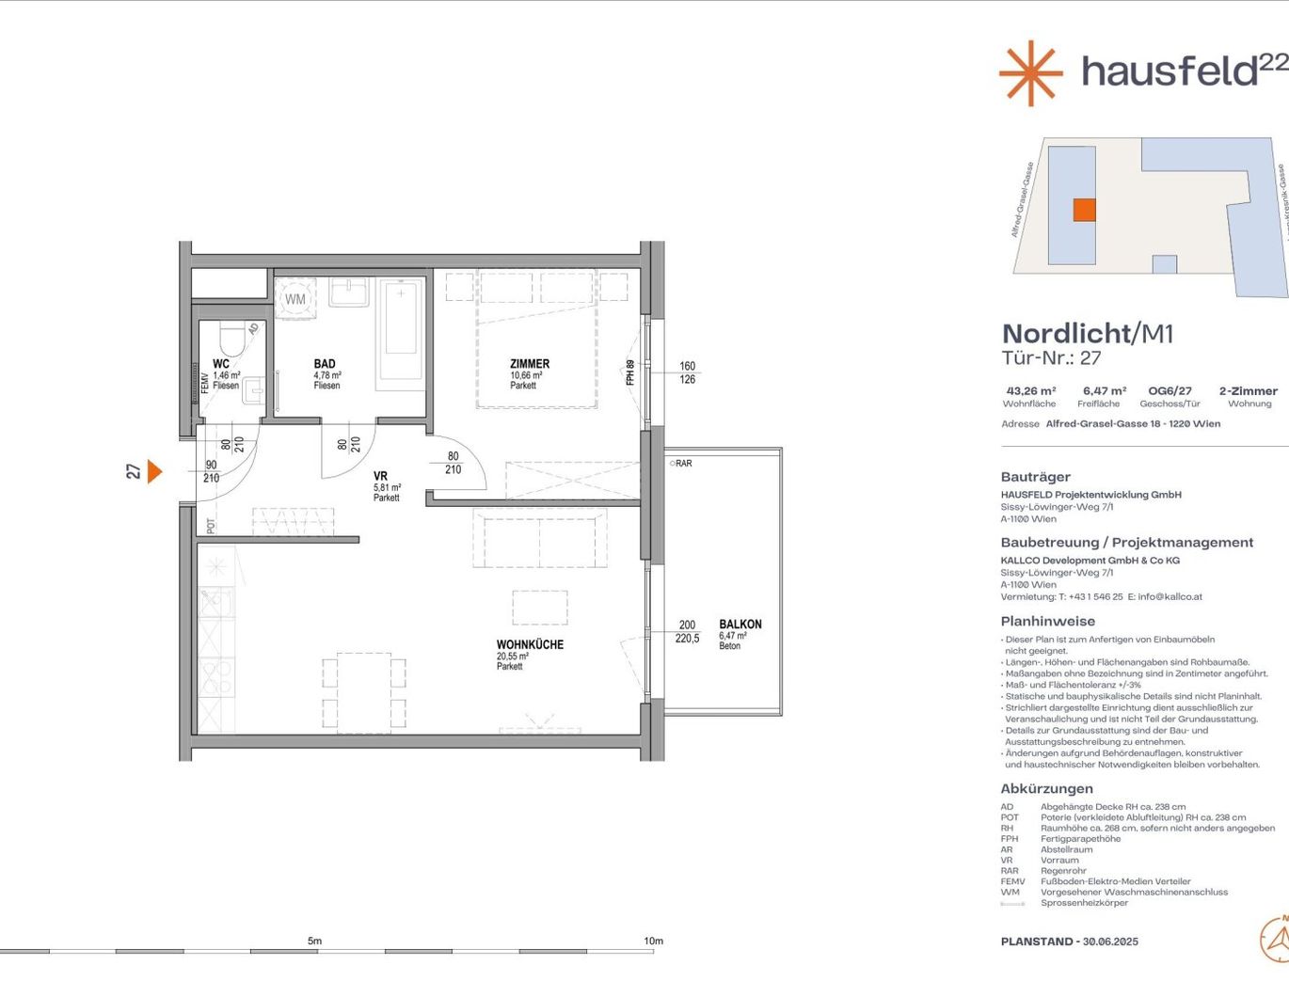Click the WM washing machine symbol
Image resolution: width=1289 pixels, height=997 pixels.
[x=295, y=299]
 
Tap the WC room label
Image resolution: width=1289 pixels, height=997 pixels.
[x=221, y=364]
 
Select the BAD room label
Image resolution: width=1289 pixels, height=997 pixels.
[x=325, y=364]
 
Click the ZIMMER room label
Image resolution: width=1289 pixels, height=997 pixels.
[x=530, y=364]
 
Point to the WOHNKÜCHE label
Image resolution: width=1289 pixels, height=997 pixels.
[x=530, y=645]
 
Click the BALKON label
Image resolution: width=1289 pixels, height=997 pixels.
[x=740, y=625]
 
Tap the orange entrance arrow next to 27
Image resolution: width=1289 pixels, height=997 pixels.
[x=154, y=470]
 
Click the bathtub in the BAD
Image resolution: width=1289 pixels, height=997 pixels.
[x=401, y=331]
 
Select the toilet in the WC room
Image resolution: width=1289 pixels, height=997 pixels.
[x=231, y=339]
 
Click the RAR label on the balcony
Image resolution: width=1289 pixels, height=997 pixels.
[x=682, y=464]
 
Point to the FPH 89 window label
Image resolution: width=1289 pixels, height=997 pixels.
[x=630, y=372]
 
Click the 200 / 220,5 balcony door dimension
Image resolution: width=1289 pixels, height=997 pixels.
[x=687, y=631]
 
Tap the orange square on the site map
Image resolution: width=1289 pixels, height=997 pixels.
[x=1084, y=210]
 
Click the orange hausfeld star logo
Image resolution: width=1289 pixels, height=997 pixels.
[x=1030, y=72]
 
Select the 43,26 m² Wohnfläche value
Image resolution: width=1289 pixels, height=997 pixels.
[x=1030, y=391]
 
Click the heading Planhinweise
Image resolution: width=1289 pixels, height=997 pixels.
[x=1047, y=622]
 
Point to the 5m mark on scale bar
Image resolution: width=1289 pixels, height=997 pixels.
[x=314, y=942]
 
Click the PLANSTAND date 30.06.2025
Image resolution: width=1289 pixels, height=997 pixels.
[x=1110, y=942]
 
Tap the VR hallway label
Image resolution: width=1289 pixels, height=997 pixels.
[x=380, y=477]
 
